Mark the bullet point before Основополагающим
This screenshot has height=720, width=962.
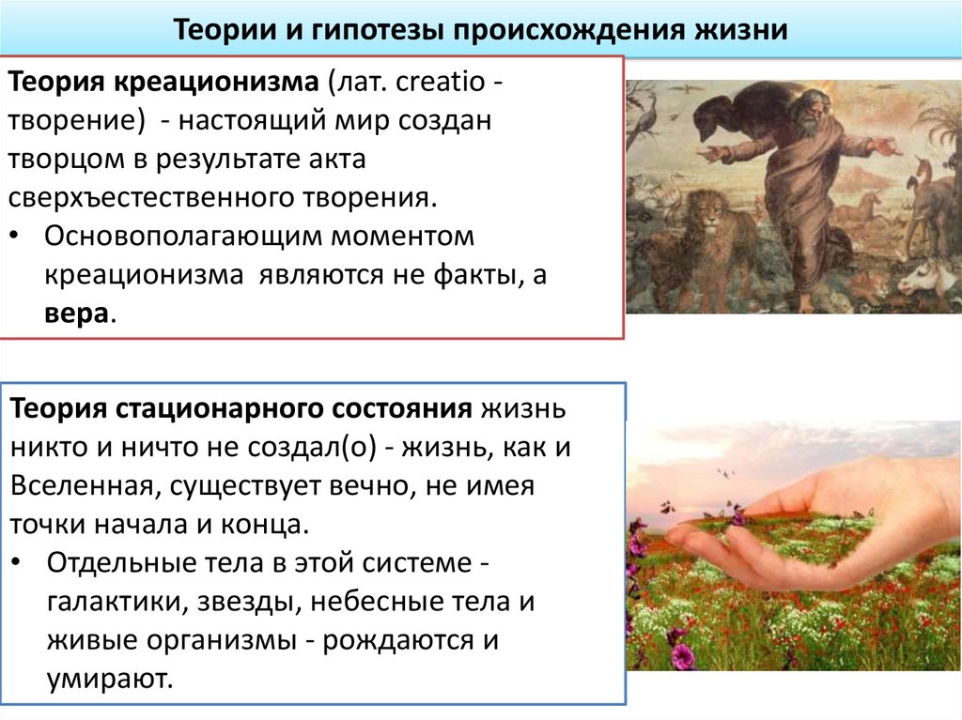click(20, 237)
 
